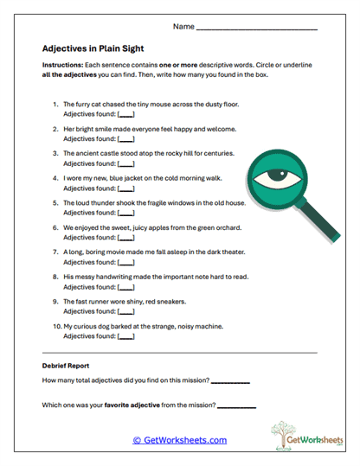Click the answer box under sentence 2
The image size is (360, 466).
point(126,138)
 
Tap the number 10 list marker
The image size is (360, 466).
point(56,327)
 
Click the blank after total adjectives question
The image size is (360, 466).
point(229,380)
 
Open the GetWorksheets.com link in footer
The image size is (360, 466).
point(180,440)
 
